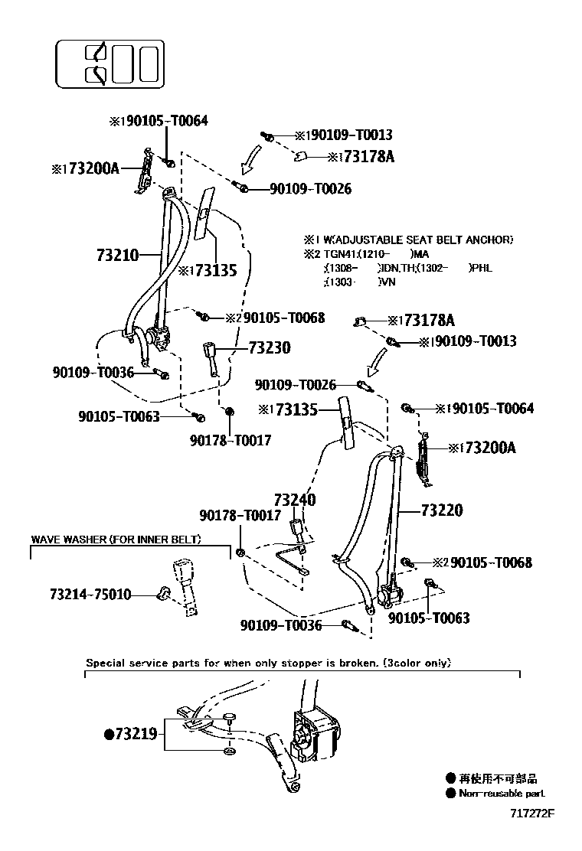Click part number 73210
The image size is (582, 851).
click(x=118, y=255)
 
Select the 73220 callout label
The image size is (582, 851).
click(x=441, y=510)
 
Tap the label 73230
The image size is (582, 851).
click(x=269, y=348)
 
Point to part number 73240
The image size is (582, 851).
click(x=296, y=500)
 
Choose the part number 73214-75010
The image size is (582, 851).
click(x=90, y=594)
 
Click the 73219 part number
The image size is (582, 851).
click(x=136, y=735)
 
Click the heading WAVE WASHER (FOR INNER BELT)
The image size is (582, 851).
click(x=116, y=540)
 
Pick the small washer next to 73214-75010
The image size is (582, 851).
click(x=162, y=592)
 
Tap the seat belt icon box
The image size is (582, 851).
click(x=110, y=63)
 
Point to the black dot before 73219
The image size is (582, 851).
click(x=108, y=735)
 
